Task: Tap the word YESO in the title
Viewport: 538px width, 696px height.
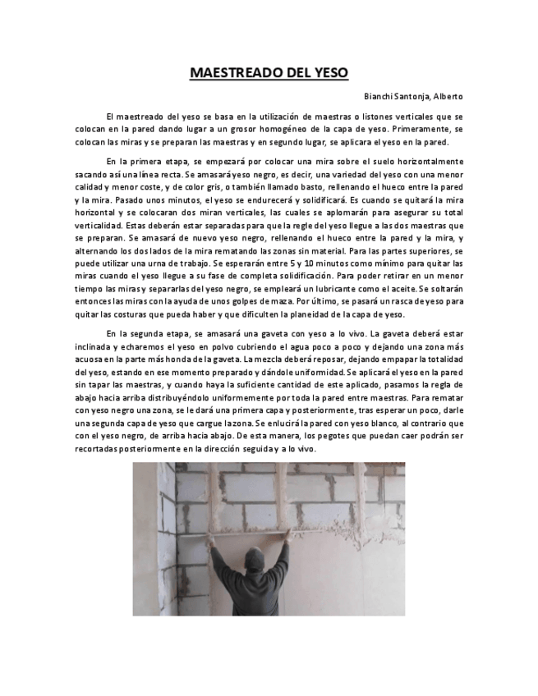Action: pyautogui.click(x=329, y=72)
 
